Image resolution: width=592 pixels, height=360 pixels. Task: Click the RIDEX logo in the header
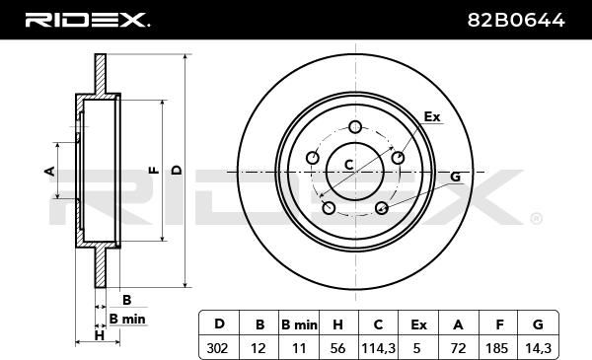point(87,20)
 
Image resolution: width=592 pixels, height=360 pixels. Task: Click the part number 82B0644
point(516,20)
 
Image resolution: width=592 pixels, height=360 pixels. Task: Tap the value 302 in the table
point(217,348)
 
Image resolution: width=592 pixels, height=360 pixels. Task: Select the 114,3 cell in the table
point(378,348)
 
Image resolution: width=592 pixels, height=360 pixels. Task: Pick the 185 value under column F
point(496,348)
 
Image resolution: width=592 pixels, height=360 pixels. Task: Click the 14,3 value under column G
point(539,348)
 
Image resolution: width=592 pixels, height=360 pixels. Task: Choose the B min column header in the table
point(299,324)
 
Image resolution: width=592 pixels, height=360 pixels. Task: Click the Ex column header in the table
point(418,324)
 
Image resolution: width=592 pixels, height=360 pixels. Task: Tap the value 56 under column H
point(337,348)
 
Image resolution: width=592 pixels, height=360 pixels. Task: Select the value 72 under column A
point(458,348)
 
